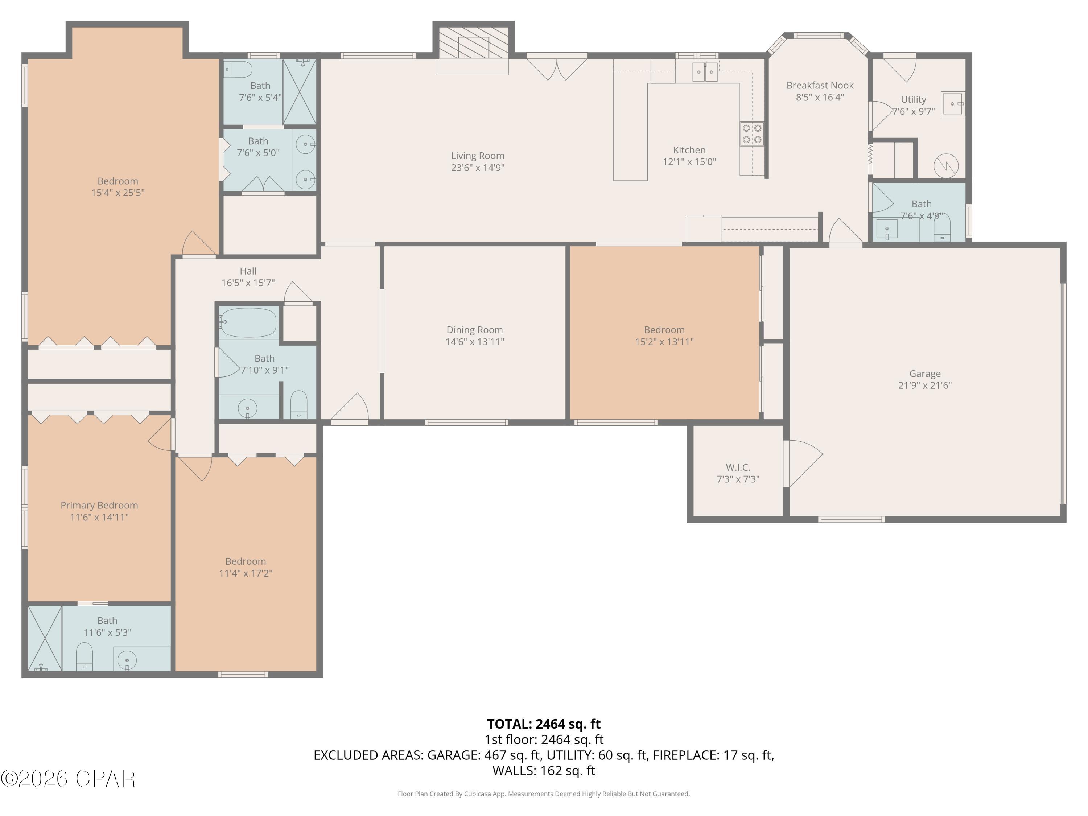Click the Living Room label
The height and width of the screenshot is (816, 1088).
pyautogui.click(x=477, y=156)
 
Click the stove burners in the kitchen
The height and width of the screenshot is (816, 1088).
pyautogui.click(x=751, y=134)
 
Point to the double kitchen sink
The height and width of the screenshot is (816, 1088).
pyautogui.click(x=704, y=72)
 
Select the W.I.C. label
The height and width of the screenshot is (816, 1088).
pyautogui.click(x=737, y=467)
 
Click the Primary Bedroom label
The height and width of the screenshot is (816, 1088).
pyautogui.click(x=99, y=505)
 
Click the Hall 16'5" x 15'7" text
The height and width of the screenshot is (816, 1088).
pyautogui.click(x=248, y=283)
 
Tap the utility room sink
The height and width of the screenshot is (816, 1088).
pyautogui.click(x=952, y=104)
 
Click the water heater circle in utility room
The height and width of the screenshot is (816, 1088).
pyautogui.click(x=945, y=166)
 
